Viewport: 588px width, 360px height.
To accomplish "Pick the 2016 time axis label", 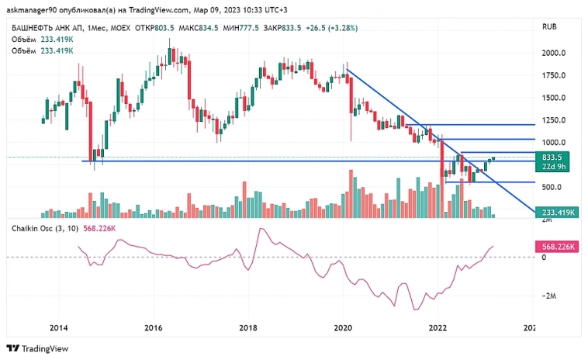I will [154, 328].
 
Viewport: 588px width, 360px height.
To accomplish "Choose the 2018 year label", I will [248, 328].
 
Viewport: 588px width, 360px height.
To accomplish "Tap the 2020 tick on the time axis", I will [344, 328].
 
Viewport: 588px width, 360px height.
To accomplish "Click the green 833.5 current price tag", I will [553, 157].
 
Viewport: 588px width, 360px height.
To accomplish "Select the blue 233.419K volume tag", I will [555, 212].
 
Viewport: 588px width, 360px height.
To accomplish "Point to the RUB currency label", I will [549, 26].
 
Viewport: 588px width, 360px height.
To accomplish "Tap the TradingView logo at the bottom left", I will [38, 348].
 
